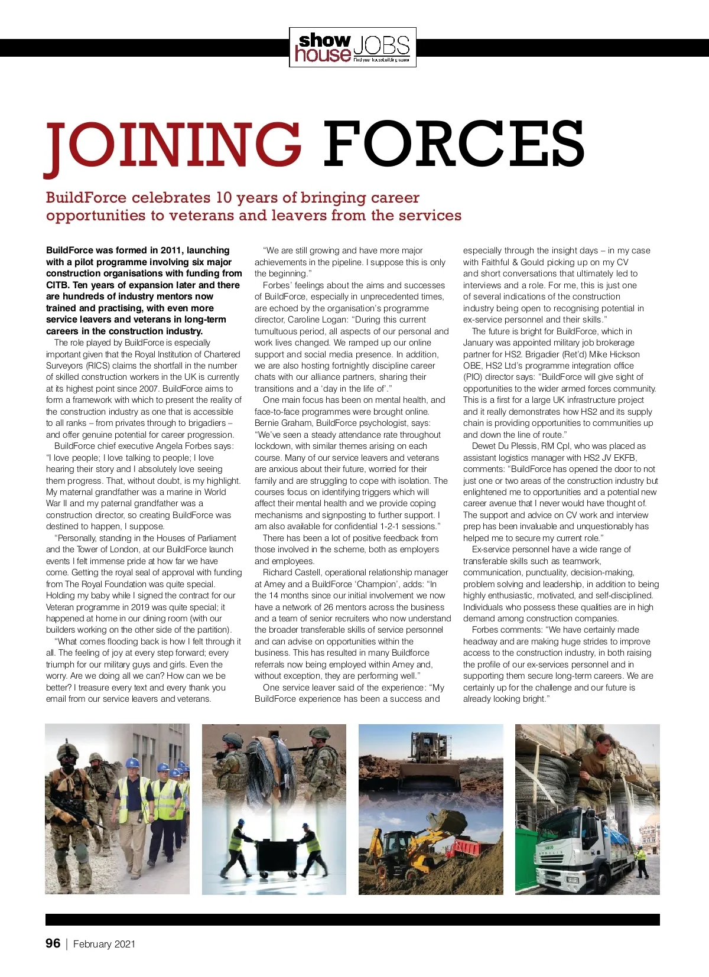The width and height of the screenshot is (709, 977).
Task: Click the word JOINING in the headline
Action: [x=173, y=145]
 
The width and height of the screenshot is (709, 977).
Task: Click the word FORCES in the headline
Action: [x=453, y=145]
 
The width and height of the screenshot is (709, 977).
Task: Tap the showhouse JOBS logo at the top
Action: [x=353, y=47]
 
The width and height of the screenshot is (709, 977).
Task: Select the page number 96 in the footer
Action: [x=53, y=943]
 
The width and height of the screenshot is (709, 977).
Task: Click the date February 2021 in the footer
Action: [x=104, y=944]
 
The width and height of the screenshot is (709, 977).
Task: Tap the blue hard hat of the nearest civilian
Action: [x=133, y=763]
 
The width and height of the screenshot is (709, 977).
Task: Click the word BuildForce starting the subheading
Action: [x=86, y=197]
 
